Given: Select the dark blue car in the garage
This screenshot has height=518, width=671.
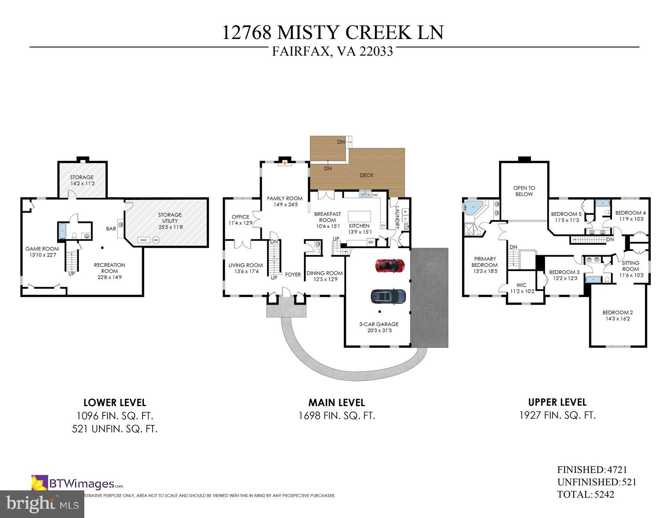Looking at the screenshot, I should (x=388, y=296).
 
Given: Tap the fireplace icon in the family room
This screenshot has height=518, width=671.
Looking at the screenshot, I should (x=285, y=163).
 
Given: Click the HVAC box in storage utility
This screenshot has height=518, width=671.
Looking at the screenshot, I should (x=144, y=240).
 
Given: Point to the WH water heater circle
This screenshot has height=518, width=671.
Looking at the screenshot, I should (x=156, y=240).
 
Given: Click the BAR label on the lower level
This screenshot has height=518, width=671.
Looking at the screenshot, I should (x=111, y=229).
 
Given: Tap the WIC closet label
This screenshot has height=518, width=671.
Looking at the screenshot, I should (x=521, y=285).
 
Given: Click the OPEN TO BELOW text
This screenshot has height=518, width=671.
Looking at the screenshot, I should (x=524, y=191).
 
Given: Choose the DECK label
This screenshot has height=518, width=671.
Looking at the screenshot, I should (x=366, y=175).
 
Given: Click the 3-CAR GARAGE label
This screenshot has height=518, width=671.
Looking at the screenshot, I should (x=378, y=324).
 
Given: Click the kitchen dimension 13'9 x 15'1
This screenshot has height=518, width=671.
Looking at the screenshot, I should (x=359, y=232).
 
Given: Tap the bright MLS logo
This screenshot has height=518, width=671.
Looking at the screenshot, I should (x=42, y=503).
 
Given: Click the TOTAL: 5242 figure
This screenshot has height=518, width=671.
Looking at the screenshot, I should (x=585, y=495).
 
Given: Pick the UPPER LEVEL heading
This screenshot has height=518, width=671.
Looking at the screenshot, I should (x=557, y=402).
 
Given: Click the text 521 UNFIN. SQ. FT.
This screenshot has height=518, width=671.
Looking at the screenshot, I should (x=114, y=429).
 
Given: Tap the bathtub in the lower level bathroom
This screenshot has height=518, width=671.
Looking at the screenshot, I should (x=62, y=231).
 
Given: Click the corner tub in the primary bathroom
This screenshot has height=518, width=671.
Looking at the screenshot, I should (x=473, y=207).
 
